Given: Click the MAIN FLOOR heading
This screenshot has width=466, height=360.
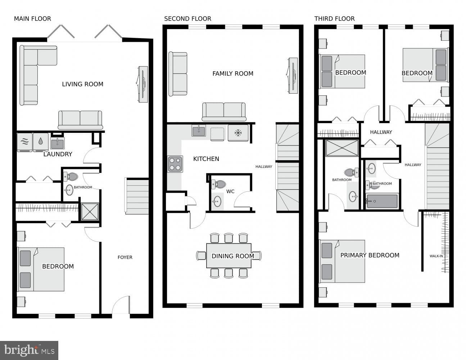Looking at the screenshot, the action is pyautogui.click(x=33, y=19).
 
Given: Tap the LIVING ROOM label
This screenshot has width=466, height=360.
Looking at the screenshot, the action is pyautogui.click(x=82, y=84).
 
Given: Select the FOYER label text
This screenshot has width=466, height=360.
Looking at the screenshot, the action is pyautogui.click(x=125, y=257).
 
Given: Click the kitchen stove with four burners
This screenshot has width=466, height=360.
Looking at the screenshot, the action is pyautogui.click(x=175, y=164).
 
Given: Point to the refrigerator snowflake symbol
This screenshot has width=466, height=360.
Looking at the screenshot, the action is pyautogui.click(x=238, y=133).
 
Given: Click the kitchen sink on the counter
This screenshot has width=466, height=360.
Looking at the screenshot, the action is pyautogui.click(x=199, y=131).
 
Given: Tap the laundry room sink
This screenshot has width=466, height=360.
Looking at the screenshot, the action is pyautogui.click(x=58, y=143).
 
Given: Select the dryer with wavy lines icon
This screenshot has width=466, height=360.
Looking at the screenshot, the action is pyautogui.click(x=25, y=142).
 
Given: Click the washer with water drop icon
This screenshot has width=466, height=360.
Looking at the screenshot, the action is pyautogui.click(x=41, y=142).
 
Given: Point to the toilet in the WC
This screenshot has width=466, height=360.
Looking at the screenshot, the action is pyautogui.click(x=219, y=184).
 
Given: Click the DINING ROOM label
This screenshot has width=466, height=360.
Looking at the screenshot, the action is pyautogui.click(x=233, y=256).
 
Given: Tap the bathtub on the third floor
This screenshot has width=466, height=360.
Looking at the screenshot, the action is pyautogui.click(x=381, y=202).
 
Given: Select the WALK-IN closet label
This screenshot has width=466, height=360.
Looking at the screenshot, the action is pyautogui.click(x=436, y=256).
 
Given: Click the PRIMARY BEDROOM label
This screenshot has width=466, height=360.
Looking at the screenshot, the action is pyautogui.click(x=370, y=255).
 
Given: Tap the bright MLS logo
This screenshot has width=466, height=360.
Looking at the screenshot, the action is pyautogui.click(x=29, y=350).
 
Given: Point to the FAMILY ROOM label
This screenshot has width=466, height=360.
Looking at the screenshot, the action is pyautogui.click(x=233, y=73).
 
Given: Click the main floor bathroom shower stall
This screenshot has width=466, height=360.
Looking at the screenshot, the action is pyautogui.click(x=90, y=212).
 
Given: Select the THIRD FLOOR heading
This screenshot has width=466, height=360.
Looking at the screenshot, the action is pyautogui.click(x=335, y=19).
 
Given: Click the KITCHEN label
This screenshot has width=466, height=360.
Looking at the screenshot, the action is pyautogui.click(x=206, y=159).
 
